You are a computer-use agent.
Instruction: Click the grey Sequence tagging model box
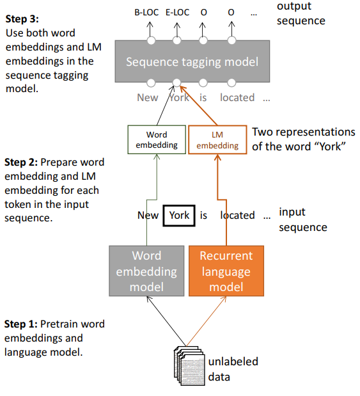click(x=192, y=61)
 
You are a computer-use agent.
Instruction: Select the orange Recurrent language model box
click(x=226, y=271)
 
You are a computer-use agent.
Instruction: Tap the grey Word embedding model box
click(x=146, y=271)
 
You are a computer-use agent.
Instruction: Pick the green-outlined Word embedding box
click(x=157, y=139)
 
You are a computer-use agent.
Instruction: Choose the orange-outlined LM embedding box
click(x=217, y=139)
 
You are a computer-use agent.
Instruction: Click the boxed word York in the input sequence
click(x=179, y=216)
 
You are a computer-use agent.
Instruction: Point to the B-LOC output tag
click(x=146, y=12)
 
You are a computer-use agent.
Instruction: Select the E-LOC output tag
click(x=178, y=12)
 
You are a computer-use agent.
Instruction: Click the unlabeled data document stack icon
click(x=189, y=366)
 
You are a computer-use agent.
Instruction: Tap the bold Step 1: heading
click(x=21, y=324)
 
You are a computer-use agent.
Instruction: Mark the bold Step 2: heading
click(x=21, y=162)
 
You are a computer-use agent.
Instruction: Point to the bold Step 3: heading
click(x=22, y=19)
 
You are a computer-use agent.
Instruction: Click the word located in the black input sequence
click(x=238, y=215)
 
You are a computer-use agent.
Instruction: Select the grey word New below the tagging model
click(x=148, y=97)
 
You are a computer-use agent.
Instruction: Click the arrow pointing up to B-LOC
click(x=150, y=30)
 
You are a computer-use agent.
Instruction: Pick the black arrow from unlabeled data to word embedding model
click(x=166, y=321)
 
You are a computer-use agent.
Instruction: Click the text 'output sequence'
click(x=301, y=13)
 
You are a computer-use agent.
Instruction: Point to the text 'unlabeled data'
click(x=233, y=369)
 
